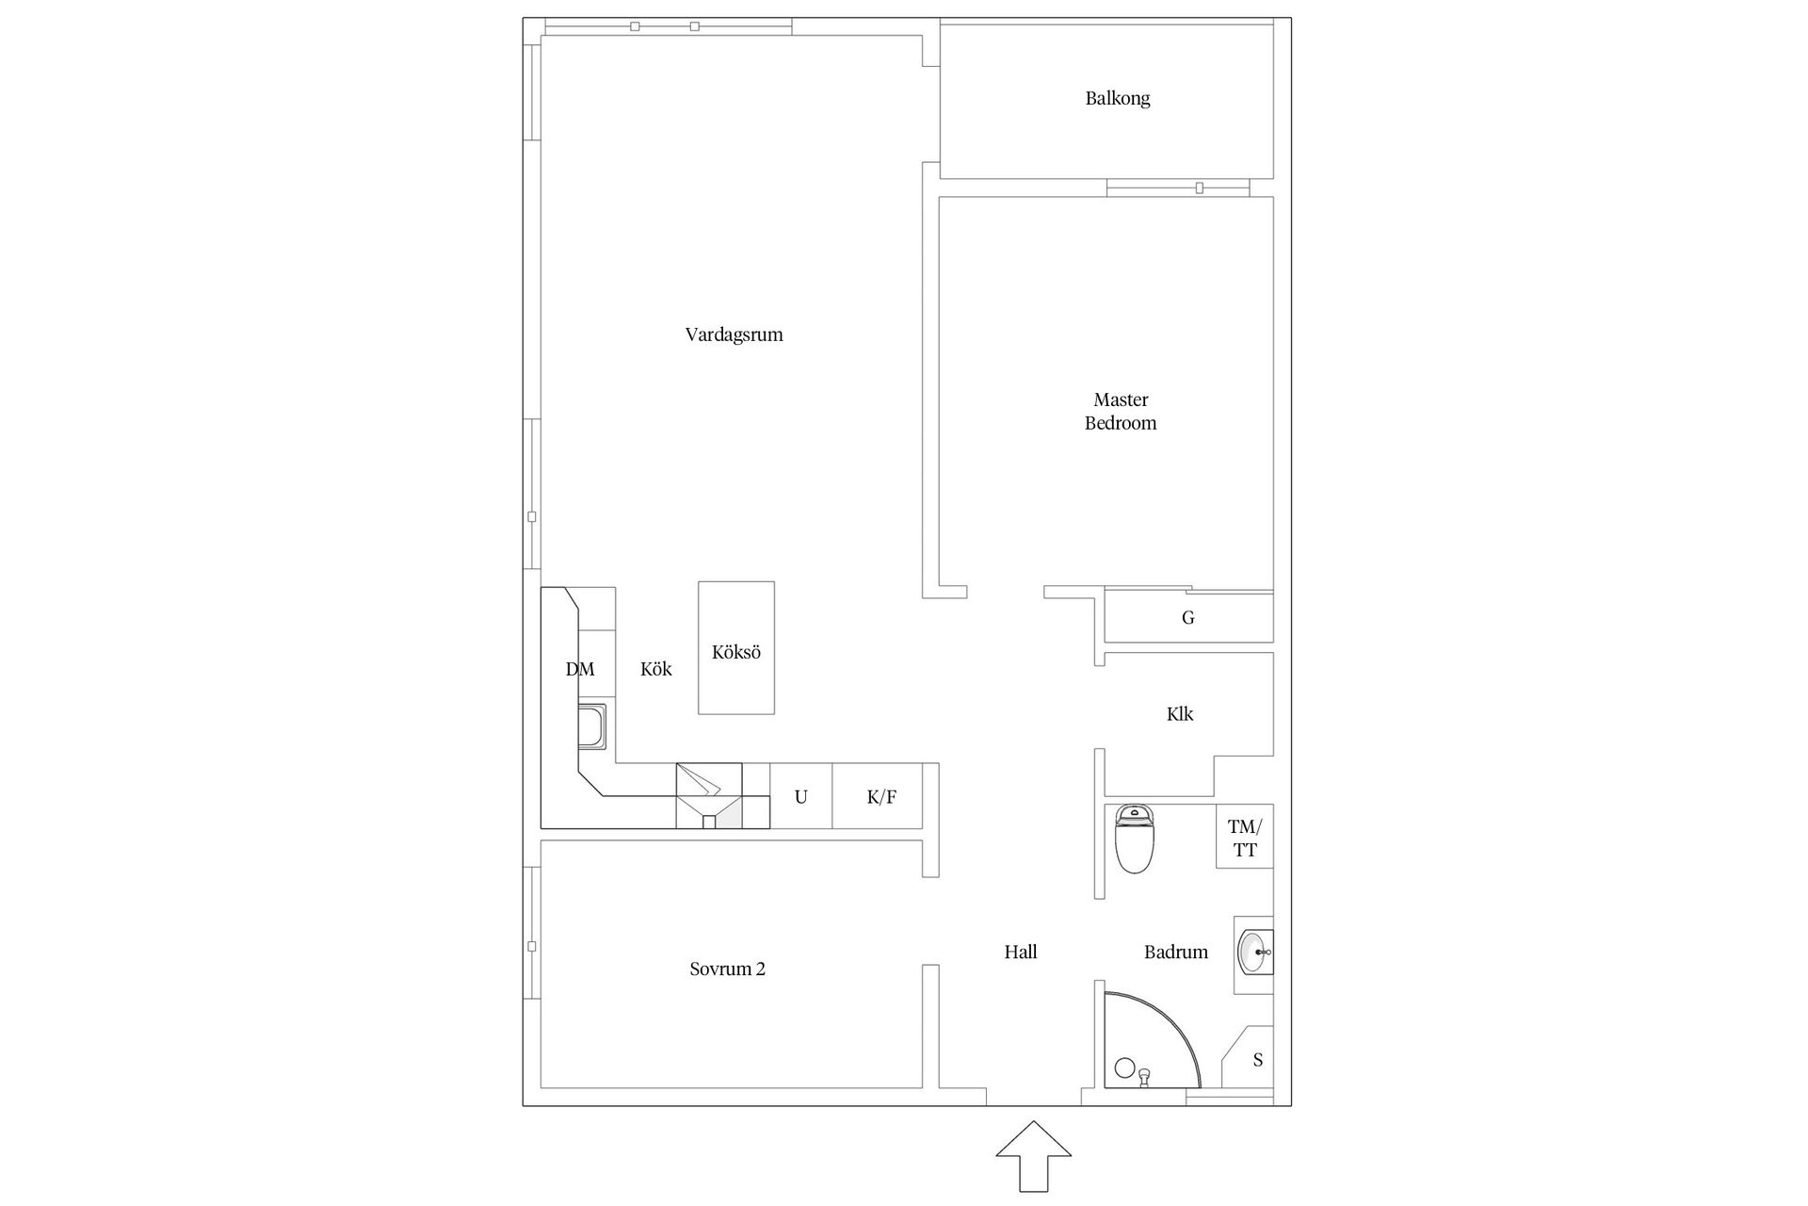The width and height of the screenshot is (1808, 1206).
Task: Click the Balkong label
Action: pos(1117,98)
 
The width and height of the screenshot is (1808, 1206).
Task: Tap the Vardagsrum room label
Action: pos(734,334)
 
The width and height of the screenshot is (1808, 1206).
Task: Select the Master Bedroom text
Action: pos(1121,412)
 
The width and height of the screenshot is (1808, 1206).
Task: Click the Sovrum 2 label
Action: pos(727,969)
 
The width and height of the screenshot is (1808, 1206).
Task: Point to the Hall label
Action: pos(1021,952)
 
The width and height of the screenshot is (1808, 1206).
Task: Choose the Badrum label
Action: pos(1175,952)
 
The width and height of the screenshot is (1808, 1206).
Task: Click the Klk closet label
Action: pos(1180,714)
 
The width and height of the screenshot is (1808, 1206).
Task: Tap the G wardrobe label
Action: pos(1188,618)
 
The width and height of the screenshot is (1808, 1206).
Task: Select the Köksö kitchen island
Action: pos(736,647)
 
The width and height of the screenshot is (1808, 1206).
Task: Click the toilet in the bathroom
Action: pos(1134,839)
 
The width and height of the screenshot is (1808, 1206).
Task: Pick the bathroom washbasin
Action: pos(1254,953)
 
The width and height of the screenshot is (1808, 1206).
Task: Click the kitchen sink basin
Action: pos(592,725)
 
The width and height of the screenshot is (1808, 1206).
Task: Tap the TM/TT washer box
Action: pos(1245,837)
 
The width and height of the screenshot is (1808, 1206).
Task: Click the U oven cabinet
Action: pos(801,796)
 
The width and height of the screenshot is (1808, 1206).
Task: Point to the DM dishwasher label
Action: pos(580,670)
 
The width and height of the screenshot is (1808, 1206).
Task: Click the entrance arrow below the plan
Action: pos(1034,1156)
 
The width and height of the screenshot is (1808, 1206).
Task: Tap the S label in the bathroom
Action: pos(1258,1060)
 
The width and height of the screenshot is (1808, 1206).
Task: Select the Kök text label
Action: pos(656,669)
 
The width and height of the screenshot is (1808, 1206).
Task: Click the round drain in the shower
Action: pos(1124,1067)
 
